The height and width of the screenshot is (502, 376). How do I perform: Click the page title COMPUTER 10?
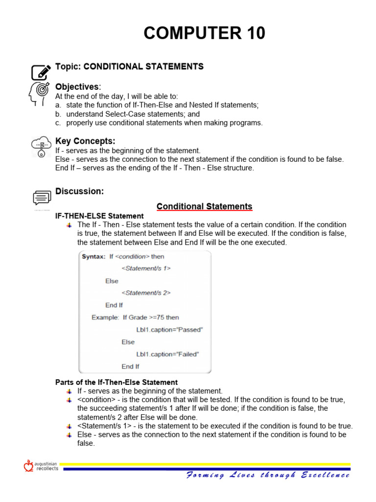click(204, 33)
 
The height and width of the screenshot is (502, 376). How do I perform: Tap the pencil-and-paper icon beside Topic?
click(41, 72)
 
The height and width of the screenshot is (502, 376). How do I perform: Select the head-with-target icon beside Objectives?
click(40, 93)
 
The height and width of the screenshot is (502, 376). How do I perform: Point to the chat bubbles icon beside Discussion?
click(42, 197)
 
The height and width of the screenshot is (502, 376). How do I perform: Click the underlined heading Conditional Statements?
click(204, 206)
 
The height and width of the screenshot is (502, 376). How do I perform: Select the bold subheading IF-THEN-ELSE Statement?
click(99, 216)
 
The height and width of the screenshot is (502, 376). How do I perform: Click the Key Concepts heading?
click(85, 141)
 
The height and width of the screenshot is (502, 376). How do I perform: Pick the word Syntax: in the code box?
click(94, 256)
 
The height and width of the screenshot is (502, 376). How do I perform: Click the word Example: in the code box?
click(105, 317)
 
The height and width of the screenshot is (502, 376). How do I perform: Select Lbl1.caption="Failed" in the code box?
click(167, 354)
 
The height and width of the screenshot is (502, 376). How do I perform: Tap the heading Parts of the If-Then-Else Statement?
click(117, 382)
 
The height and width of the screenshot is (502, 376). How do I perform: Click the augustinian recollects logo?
click(41, 466)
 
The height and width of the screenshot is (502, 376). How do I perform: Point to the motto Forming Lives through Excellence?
click(268, 475)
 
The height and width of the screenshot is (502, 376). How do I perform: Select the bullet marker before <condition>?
click(69, 400)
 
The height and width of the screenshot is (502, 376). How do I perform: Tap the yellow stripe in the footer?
click(206, 464)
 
